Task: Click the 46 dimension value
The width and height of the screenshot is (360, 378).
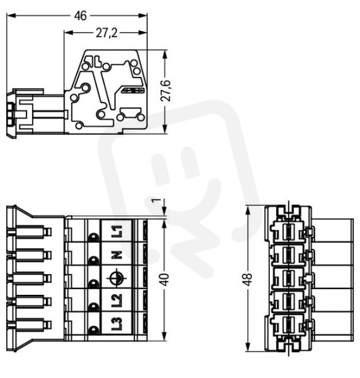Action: coord(80,16)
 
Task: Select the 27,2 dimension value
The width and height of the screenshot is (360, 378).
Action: coord(107,33)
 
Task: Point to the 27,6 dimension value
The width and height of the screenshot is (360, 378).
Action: coord(166,91)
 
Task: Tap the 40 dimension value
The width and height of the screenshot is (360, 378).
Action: coord(165,280)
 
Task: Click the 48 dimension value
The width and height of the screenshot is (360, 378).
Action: coord(248,280)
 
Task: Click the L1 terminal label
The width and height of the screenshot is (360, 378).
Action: coord(117,231)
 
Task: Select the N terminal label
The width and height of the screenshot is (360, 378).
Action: coord(117,255)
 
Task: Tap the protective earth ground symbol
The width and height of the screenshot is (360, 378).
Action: coord(117,278)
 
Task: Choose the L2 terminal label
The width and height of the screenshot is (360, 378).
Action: coord(117,301)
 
